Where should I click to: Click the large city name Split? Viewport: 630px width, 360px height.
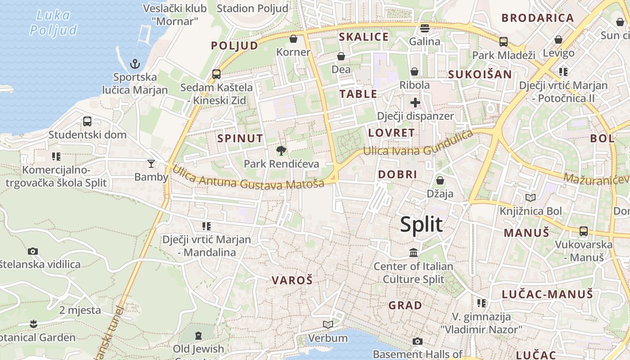[421, 225]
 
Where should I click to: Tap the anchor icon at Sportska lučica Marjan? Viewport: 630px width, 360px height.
[135, 64]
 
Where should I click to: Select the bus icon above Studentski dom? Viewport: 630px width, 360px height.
[87, 121]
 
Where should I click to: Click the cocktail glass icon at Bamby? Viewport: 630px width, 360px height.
[151, 163]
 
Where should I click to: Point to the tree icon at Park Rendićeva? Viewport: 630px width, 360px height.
[282, 150]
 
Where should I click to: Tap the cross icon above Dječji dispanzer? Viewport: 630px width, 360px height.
[415, 103]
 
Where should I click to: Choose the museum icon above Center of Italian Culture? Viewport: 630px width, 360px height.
[414, 253]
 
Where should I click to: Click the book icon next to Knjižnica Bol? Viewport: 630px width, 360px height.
[531, 198]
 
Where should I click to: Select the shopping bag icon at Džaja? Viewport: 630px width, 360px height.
[440, 180]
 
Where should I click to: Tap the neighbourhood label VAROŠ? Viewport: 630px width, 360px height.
[292, 280]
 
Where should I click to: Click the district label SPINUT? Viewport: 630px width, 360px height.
[240, 139]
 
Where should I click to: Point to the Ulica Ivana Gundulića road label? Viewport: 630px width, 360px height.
[418, 144]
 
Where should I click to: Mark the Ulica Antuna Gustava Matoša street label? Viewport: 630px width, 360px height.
[248, 180]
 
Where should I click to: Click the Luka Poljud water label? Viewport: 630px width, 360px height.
[53, 22]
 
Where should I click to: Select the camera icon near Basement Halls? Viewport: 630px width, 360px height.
[418, 341]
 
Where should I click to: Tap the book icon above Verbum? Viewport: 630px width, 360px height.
[328, 324]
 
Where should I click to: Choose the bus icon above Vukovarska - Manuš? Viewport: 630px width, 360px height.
[584, 231]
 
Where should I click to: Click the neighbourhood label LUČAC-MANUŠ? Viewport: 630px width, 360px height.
[548, 294]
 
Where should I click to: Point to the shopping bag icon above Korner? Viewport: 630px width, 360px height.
[293, 39]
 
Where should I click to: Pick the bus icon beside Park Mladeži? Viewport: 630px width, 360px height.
[504, 42]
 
